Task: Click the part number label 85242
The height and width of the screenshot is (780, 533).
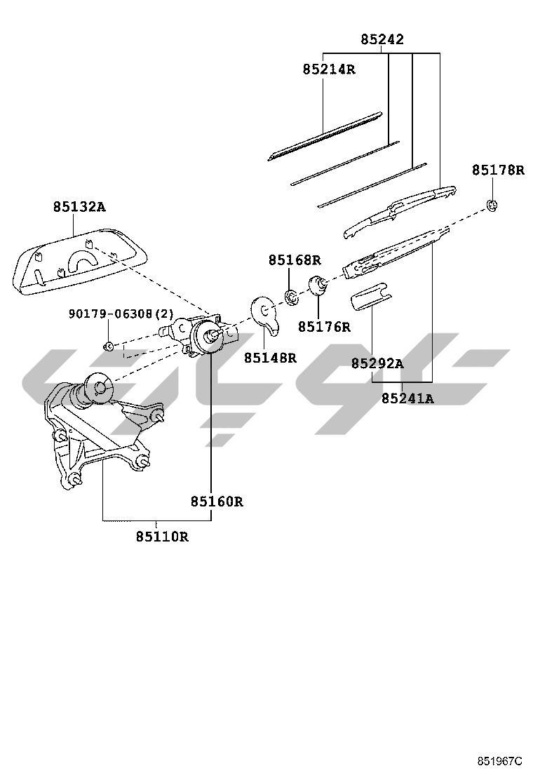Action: pyautogui.click(x=382, y=40)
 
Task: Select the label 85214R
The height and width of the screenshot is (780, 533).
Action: pyautogui.click(x=329, y=69)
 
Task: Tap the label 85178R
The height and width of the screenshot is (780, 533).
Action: pyautogui.click(x=498, y=170)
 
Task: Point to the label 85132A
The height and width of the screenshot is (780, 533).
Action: pyautogui.click(x=79, y=207)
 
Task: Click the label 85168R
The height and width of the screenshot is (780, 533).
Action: pyautogui.click(x=295, y=260)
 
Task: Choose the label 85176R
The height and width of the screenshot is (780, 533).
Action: pyautogui.click(x=324, y=327)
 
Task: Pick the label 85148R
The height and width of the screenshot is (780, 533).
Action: pyautogui.click(x=270, y=358)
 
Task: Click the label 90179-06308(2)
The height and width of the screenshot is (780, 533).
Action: pyautogui.click(x=121, y=314)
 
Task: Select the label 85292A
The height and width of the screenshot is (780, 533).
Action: pyautogui.click(x=377, y=363)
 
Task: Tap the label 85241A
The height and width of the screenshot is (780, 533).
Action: pyautogui.click(x=407, y=399)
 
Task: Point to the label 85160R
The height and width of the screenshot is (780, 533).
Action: pyautogui.click(x=217, y=502)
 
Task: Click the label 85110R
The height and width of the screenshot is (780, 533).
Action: pyautogui.click(x=162, y=537)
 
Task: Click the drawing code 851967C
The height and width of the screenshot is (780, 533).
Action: pyautogui.click(x=501, y=761)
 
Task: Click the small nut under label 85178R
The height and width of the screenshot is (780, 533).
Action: pyautogui.click(x=493, y=206)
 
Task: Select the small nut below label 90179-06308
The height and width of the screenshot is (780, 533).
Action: pyautogui.click(x=109, y=346)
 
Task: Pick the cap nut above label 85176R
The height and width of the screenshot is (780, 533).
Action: pyautogui.click(x=319, y=285)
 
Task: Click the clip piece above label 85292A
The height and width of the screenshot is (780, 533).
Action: pyautogui.click(x=370, y=297)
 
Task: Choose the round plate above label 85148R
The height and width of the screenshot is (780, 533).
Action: pyautogui.click(x=265, y=312)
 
